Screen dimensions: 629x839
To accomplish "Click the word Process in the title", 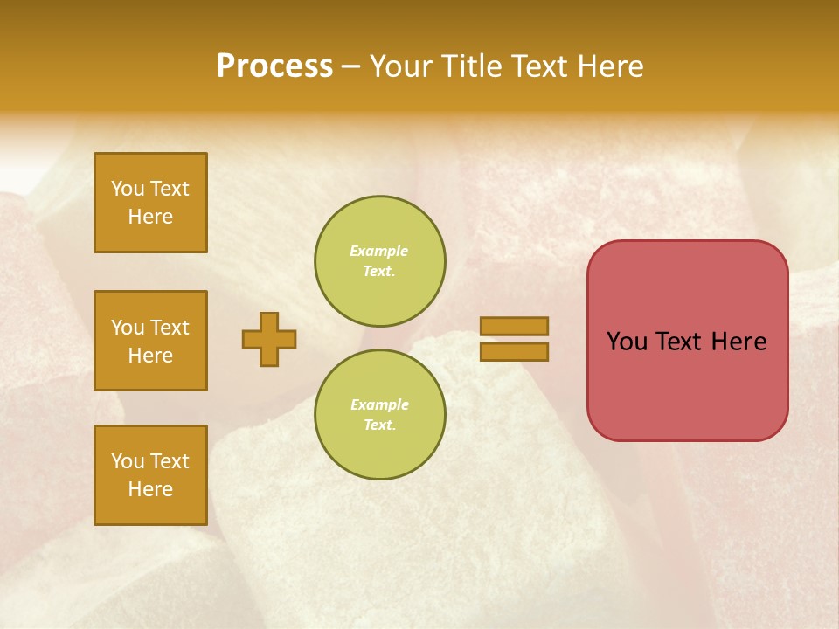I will click(274, 66).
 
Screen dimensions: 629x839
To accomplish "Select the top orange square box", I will click(150, 203).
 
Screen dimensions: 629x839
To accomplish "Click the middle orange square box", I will click(150, 341).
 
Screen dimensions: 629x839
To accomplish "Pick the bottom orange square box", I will click(150, 475).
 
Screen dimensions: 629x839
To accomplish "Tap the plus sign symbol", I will click(269, 339).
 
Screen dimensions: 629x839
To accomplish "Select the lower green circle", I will click(380, 415).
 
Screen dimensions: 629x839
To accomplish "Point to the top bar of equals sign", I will click(514, 326).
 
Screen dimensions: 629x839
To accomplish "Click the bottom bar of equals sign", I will click(514, 351).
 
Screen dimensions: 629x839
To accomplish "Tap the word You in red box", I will click(627, 342).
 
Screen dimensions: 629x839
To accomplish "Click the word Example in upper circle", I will click(378, 251).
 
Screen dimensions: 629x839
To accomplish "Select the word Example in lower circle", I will click(379, 404).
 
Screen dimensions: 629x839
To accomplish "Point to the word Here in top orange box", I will click(150, 217).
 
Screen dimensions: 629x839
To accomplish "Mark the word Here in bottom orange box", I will click(150, 489).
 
